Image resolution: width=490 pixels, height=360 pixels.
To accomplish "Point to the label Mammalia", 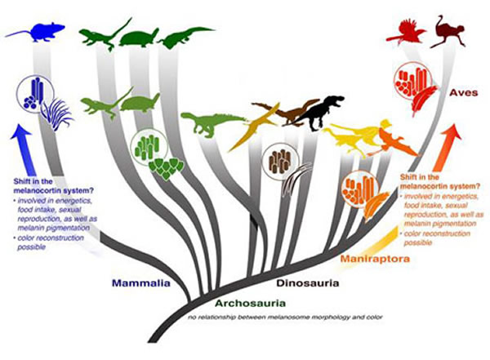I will pos(142,284).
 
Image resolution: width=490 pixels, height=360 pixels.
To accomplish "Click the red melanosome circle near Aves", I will pos(408,83).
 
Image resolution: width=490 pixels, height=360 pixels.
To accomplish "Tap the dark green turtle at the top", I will pos(145,37).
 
